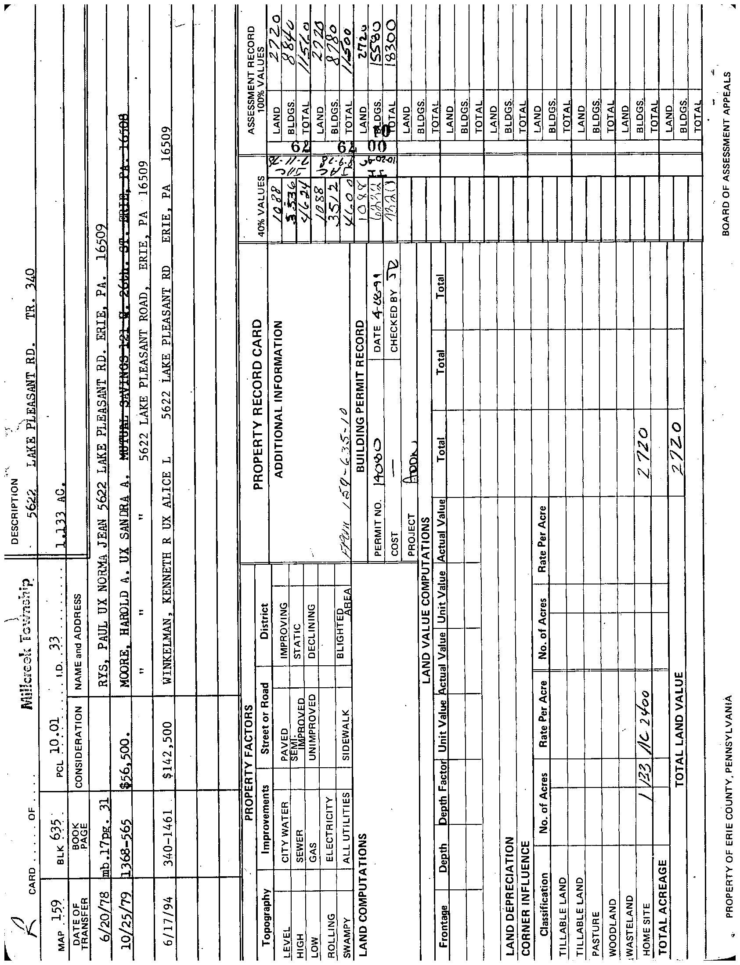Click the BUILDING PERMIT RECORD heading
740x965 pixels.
click(360, 396)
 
